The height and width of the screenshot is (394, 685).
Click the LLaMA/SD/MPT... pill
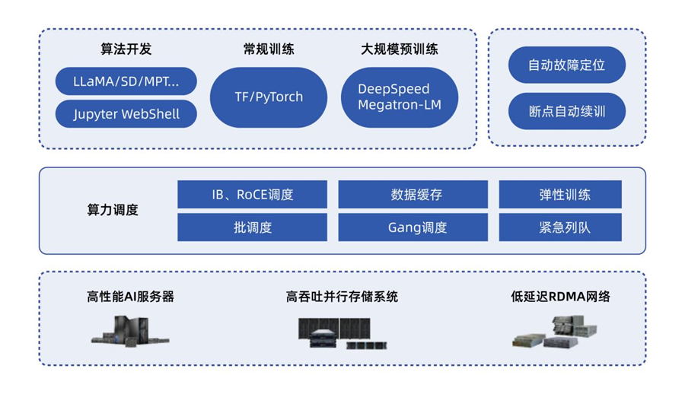pyautogui.click(x=126, y=81)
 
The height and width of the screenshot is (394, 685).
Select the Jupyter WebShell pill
pyautogui.click(x=126, y=114)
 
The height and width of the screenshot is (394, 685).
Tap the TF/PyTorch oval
pyautogui.click(x=269, y=97)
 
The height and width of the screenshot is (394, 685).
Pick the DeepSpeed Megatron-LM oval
pyautogui.click(x=399, y=97)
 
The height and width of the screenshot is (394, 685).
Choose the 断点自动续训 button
pyautogui.click(x=566, y=111)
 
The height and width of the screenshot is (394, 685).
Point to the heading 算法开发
pyautogui.click(x=126, y=49)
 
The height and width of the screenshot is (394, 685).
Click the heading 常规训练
pyautogui.click(x=269, y=49)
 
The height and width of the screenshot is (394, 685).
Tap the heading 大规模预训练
pyautogui.click(x=399, y=49)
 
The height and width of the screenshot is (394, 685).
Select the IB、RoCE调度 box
pyautogui.click(x=252, y=195)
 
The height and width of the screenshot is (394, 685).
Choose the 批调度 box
pyautogui.click(x=252, y=227)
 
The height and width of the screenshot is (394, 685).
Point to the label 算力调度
pyautogui.click(x=113, y=211)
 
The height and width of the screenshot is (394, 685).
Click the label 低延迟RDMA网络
pyautogui.click(x=559, y=297)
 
